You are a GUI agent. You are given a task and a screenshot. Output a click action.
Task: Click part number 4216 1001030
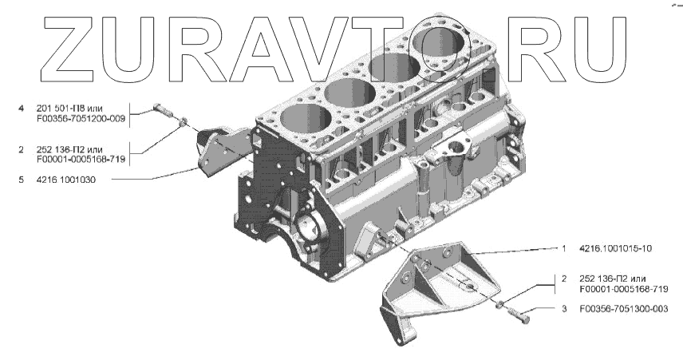click(x=66, y=180)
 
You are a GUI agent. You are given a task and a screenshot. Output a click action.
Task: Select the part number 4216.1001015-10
click(x=615, y=248)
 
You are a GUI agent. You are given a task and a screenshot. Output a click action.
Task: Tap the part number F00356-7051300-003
click(x=624, y=309)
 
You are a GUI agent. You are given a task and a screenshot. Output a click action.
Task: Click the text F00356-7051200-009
click(x=81, y=118)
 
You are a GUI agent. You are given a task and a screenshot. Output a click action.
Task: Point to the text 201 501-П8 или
click(x=69, y=108)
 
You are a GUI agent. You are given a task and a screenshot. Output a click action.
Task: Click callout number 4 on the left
click(x=21, y=108)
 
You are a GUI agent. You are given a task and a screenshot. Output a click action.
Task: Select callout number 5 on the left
click(x=21, y=180)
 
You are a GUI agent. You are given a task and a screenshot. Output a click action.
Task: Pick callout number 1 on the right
click(x=564, y=248)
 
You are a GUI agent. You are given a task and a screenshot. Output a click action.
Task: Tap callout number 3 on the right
click(x=565, y=309)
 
